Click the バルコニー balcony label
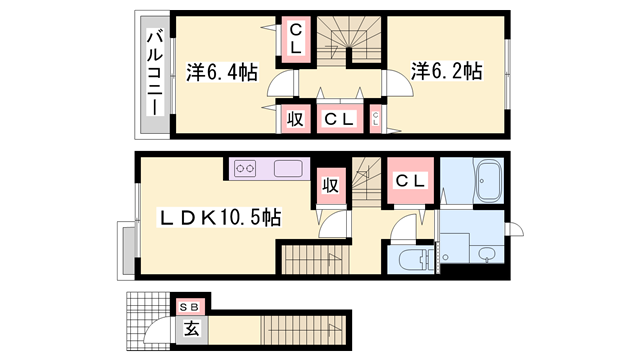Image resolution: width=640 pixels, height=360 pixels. [x=155, y=73]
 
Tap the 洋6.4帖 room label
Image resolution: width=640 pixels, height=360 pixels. [x=222, y=73]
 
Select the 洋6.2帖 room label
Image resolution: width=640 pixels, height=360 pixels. [x=447, y=71]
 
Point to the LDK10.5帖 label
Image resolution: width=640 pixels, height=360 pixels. [x=219, y=217]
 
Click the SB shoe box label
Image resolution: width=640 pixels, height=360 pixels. [x=189, y=307]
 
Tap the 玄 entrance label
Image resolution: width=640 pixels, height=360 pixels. [x=192, y=329]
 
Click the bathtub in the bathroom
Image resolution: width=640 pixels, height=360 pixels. [x=488, y=181]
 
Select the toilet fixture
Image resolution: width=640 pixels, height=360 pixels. [x=413, y=260]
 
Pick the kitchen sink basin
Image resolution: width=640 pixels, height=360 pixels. [x=288, y=169]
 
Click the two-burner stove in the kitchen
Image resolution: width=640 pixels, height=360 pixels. [x=245, y=168]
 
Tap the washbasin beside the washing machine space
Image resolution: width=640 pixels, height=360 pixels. [x=486, y=255]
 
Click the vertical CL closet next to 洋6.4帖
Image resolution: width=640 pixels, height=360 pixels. [x=296, y=39]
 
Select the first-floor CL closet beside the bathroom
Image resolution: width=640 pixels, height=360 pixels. [x=410, y=180]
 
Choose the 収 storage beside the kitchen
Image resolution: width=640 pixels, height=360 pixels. [x=331, y=186]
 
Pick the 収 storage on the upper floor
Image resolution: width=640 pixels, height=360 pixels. [x=296, y=119]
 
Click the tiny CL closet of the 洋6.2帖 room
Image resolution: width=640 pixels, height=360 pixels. [x=376, y=119]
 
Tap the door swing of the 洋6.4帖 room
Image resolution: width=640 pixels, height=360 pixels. [x=282, y=84]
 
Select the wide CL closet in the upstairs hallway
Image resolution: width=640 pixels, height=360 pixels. [x=340, y=119]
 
